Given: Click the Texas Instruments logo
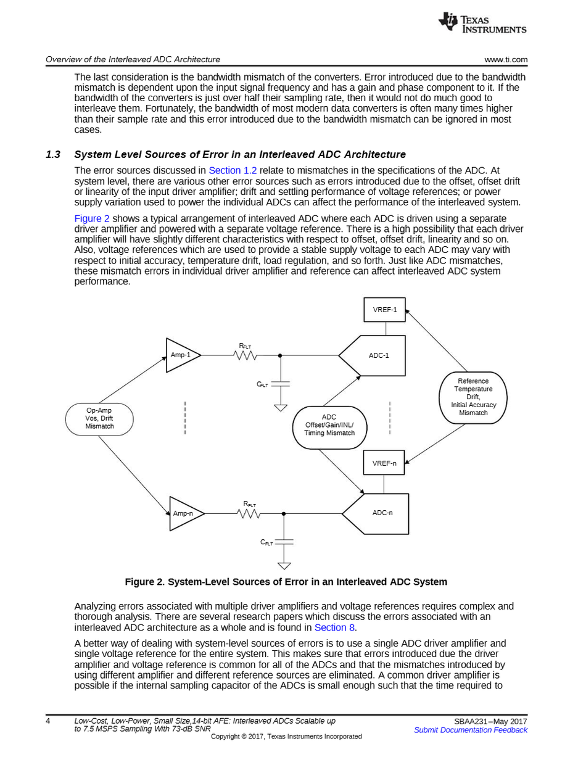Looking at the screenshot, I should tap(482, 23).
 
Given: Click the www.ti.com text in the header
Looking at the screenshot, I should tap(506, 60).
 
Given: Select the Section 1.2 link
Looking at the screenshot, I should tap(233, 171).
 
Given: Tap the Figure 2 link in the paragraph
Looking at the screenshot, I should tap(92, 218).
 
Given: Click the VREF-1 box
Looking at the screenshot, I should tap(384, 310).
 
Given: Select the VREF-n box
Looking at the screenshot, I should tap(384, 463).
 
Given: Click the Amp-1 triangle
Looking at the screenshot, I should tap(181, 355).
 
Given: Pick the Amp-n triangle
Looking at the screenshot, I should tap(184, 513).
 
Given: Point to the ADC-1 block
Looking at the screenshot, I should tap(376, 355).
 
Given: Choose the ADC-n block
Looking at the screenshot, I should tap(379, 513).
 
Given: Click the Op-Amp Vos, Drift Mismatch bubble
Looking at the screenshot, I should tap(99, 419).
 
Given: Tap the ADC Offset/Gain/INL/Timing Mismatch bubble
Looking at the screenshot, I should tap(329, 425).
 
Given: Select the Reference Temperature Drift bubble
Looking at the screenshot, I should tap(473, 397).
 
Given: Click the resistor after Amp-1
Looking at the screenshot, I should tap(246, 355).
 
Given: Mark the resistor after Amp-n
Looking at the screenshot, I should tap(249, 513).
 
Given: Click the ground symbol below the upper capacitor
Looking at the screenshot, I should tap(281, 408).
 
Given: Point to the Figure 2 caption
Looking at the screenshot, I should tap(286, 582).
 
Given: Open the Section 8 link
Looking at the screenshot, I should tap(334, 627).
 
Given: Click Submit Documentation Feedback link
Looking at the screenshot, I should tap(471, 730).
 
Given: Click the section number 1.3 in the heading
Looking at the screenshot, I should tap(52, 154).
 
